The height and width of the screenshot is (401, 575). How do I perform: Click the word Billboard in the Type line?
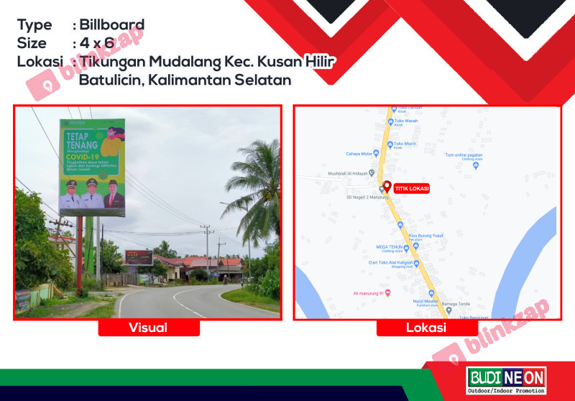[x=112, y=25]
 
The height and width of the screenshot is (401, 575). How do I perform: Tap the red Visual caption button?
[x=148, y=328]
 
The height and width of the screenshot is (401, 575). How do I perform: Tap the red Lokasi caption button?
[x=426, y=328]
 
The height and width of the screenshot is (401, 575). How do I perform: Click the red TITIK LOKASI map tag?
[x=411, y=188]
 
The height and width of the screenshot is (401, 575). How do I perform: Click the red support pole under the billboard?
[x=78, y=248]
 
